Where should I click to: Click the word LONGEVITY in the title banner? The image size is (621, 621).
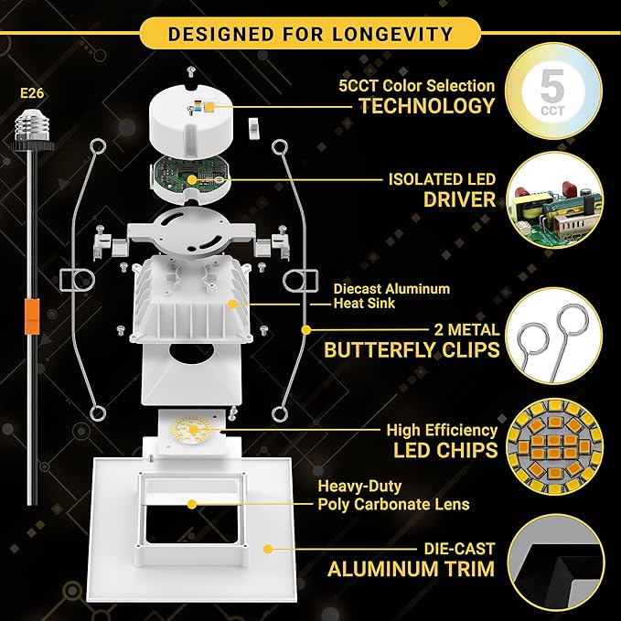coord(392,34)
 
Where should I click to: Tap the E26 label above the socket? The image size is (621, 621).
coord(32,93)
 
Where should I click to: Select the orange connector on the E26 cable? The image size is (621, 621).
coord(32,316)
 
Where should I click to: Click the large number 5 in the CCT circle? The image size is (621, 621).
coord(552,86)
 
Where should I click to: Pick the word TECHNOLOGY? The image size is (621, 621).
coord(427,106)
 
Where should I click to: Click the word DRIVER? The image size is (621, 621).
coord(459,199)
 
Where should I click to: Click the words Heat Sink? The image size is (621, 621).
coord(364,304)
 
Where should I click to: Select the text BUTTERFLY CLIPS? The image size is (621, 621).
coord(412,350)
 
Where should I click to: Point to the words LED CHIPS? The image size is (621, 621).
coord(445,450)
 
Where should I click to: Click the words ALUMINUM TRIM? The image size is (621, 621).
coord(412,569)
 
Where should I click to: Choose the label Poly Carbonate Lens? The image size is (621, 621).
coord(393,505)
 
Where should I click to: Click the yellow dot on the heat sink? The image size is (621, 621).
coord(232,305)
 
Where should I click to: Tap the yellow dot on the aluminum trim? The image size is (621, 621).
coord(268,550)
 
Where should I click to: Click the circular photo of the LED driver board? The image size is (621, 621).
coord(555,200)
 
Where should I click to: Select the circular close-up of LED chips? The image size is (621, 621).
coord(555,446)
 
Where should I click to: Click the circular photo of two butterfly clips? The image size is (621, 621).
coord(555,336)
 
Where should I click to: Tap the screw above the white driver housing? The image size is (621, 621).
coord(191,72)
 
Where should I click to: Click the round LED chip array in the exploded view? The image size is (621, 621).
coord(192,430)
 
